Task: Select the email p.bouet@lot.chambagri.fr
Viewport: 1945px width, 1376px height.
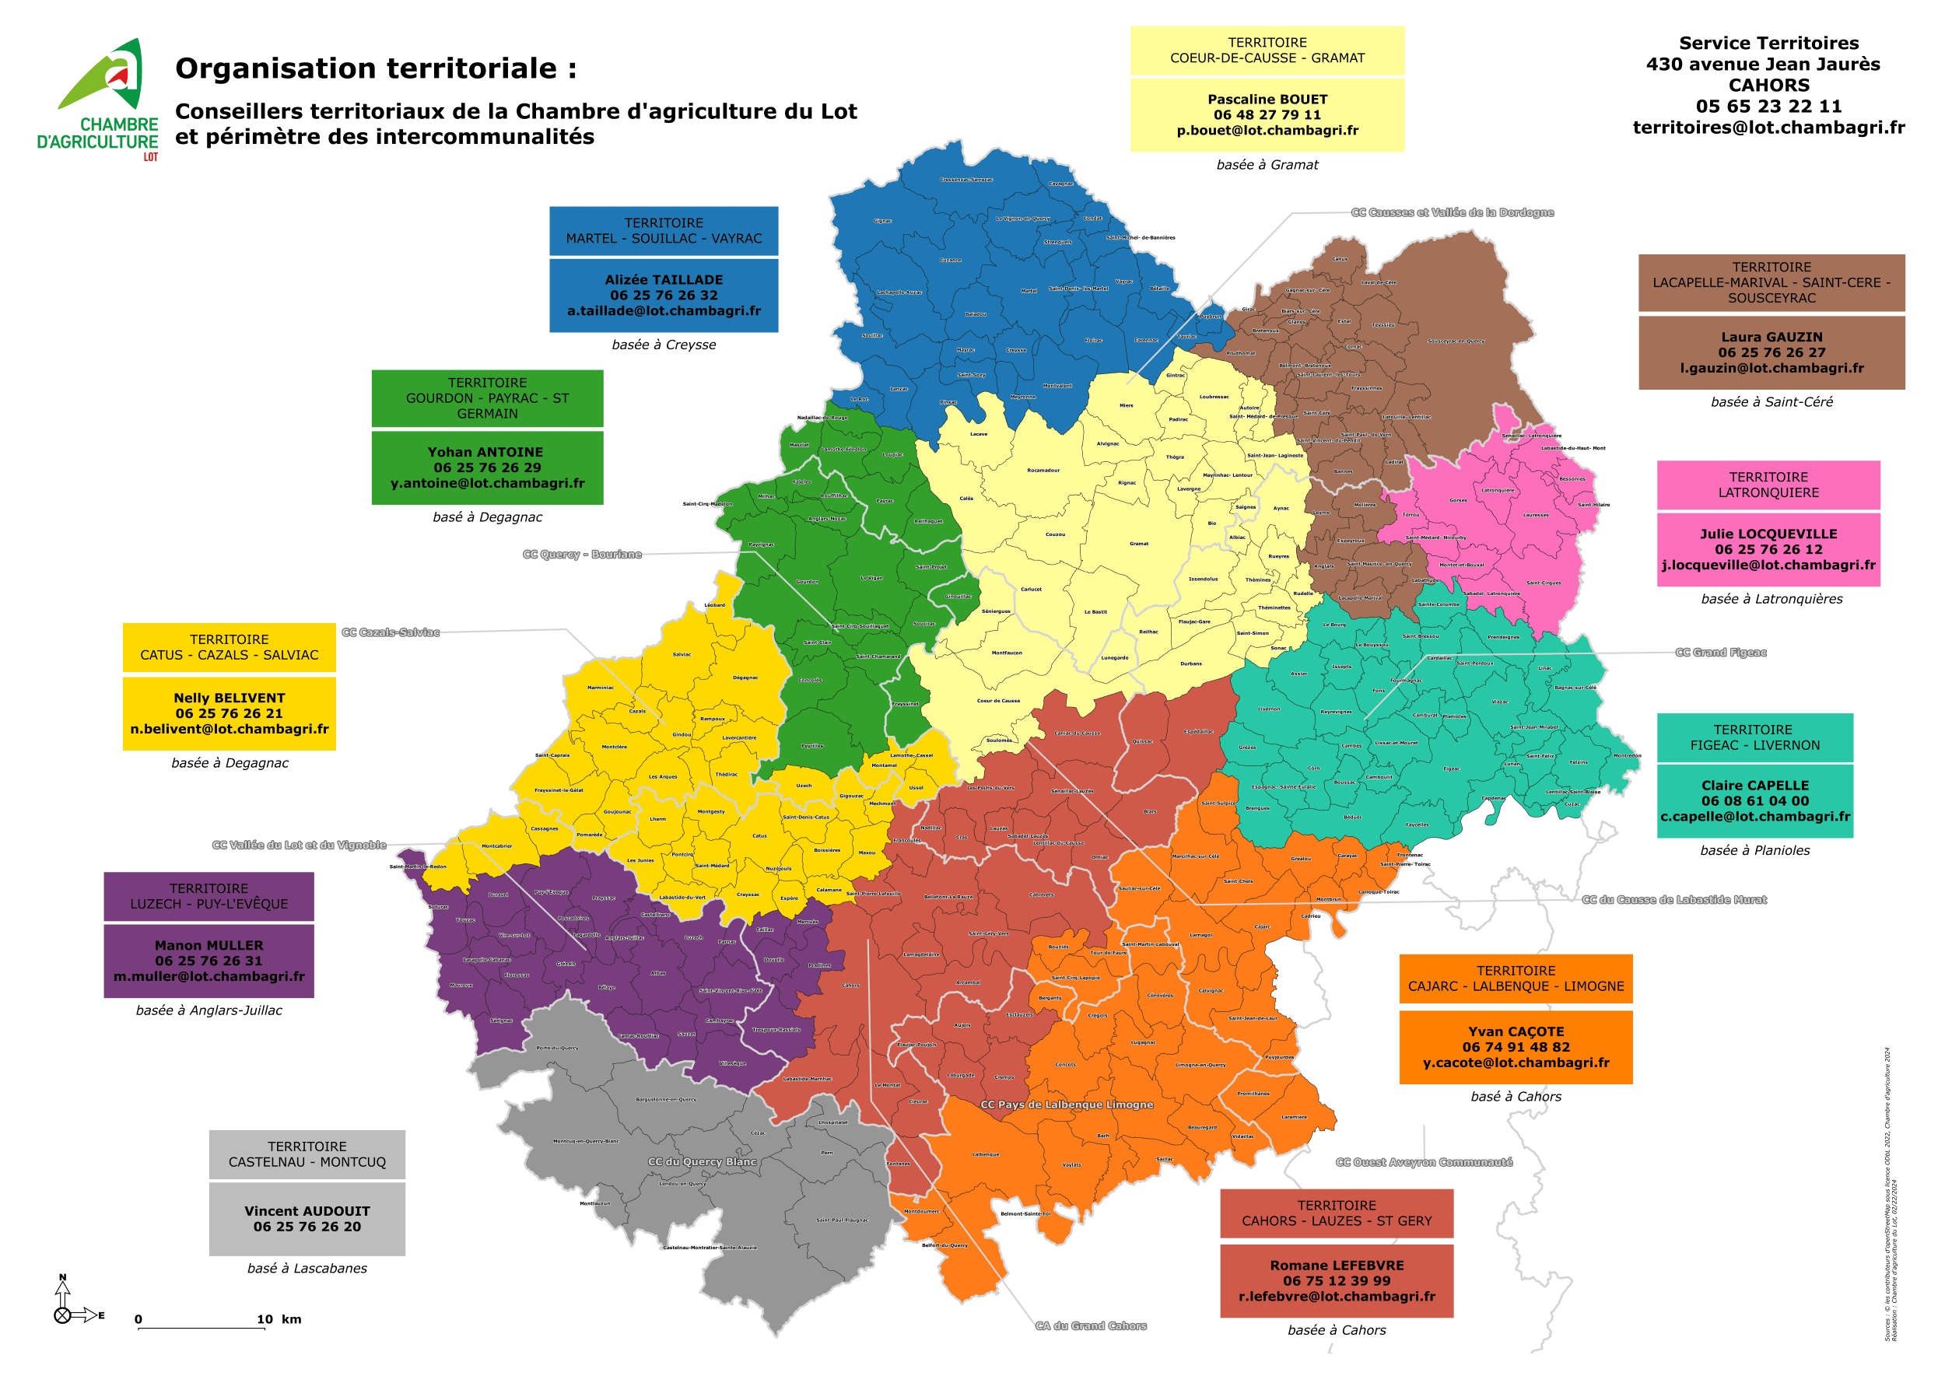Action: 1267,131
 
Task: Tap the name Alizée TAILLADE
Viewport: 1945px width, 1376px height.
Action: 664,279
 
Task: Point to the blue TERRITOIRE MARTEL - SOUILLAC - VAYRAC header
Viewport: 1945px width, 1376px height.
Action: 664,230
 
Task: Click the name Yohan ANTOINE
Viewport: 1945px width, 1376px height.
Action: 485,453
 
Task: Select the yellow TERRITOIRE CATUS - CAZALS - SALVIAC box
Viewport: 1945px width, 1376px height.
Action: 229,647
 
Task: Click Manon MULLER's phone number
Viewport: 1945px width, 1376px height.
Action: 209,961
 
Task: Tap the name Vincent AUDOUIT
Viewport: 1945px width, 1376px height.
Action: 307,1211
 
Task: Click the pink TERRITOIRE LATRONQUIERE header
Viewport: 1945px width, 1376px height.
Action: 1768,485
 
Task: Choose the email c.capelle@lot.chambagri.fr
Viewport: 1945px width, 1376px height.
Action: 1755,817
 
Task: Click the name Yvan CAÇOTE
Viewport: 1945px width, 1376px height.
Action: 1516,1031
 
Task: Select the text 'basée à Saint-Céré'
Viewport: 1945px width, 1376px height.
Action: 1772,401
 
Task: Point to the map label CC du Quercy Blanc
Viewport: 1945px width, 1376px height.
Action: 702,1161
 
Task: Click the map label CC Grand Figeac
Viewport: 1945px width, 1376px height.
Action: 1720,653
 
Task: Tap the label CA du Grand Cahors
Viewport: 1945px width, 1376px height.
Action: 1091,1326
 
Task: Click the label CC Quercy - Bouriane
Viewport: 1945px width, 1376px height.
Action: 582,554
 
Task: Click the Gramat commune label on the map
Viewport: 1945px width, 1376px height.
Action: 1138,544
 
